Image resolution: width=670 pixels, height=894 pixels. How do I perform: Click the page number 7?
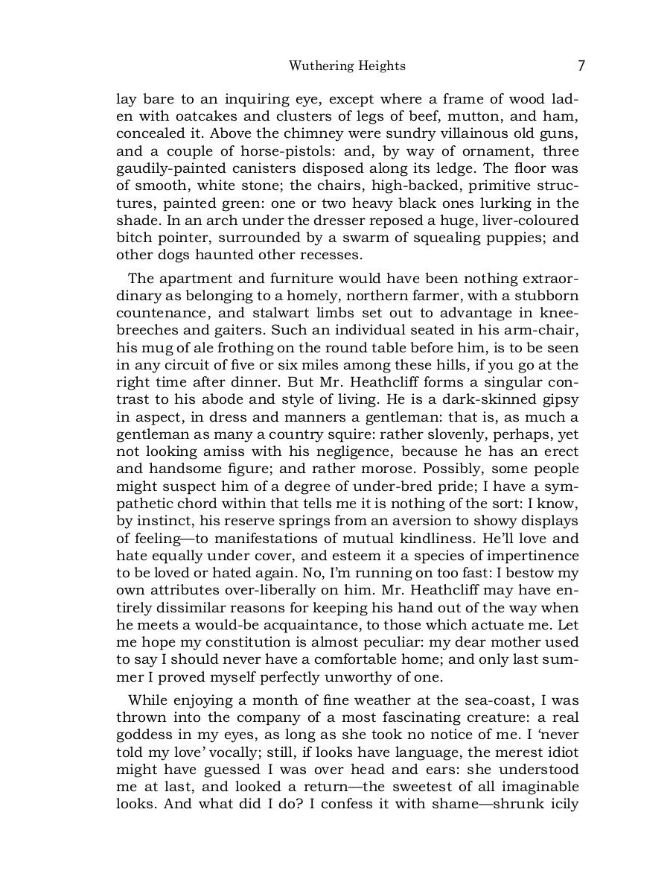581,66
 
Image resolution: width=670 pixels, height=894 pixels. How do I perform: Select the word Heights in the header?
382,66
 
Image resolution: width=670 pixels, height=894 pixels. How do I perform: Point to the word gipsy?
560,399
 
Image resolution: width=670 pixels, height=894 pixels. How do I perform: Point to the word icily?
563,805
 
